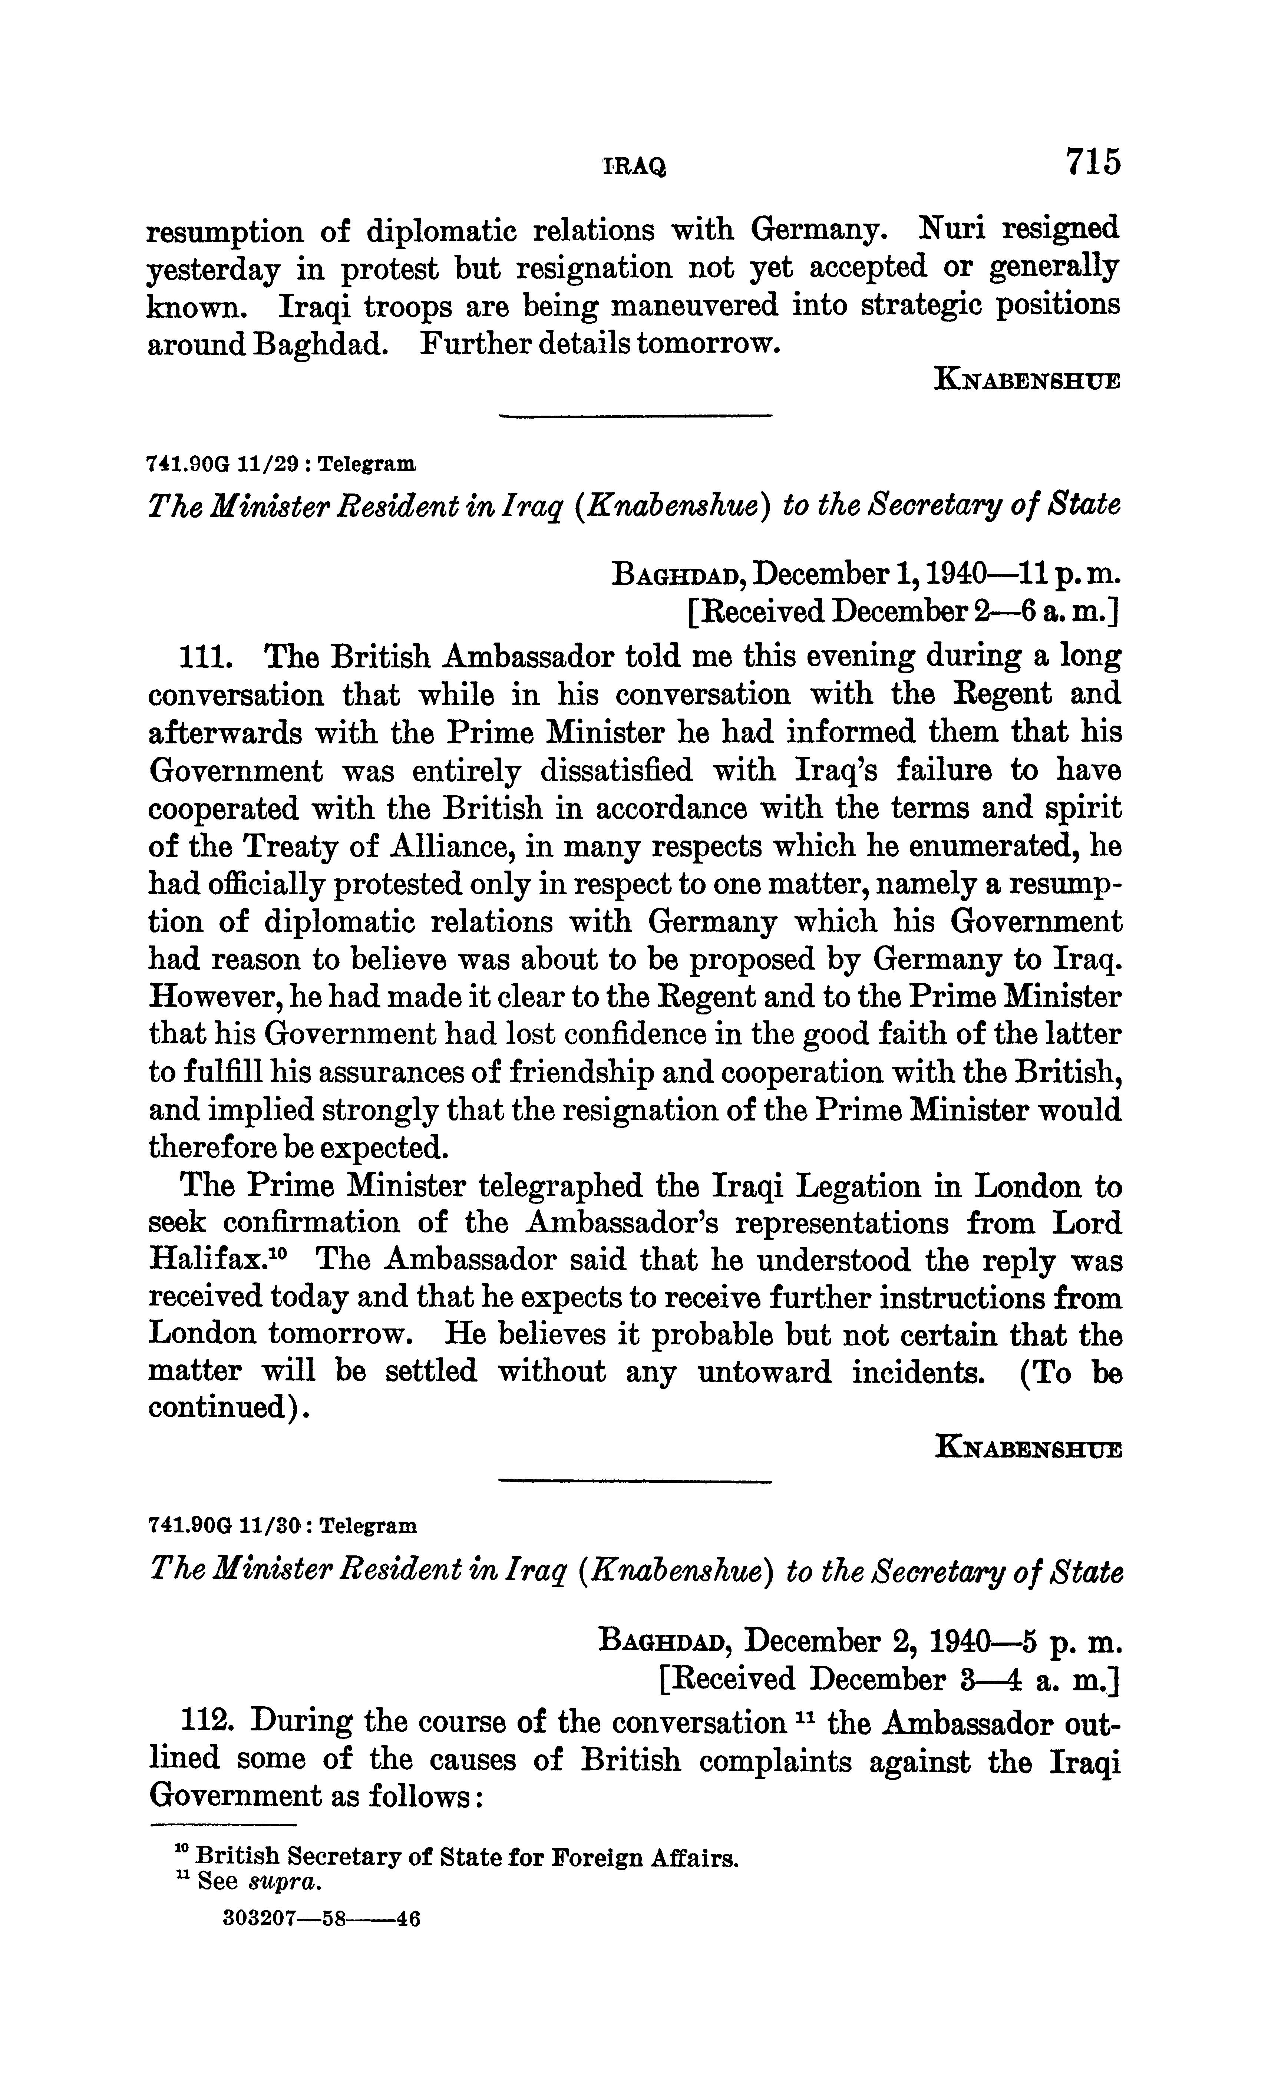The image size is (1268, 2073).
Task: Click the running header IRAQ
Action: pos(634,168)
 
